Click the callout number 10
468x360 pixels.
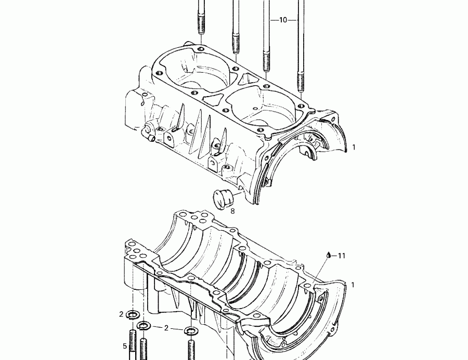283,20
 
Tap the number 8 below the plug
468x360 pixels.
232,211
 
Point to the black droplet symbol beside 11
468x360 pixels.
329,255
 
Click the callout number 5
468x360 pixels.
125,345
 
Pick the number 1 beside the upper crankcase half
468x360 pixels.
354,148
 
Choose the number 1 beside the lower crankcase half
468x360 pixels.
353,285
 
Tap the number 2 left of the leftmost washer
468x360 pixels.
121,314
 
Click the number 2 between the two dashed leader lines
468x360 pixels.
166,328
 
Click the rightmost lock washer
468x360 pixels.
191,330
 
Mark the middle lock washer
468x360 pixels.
144,326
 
